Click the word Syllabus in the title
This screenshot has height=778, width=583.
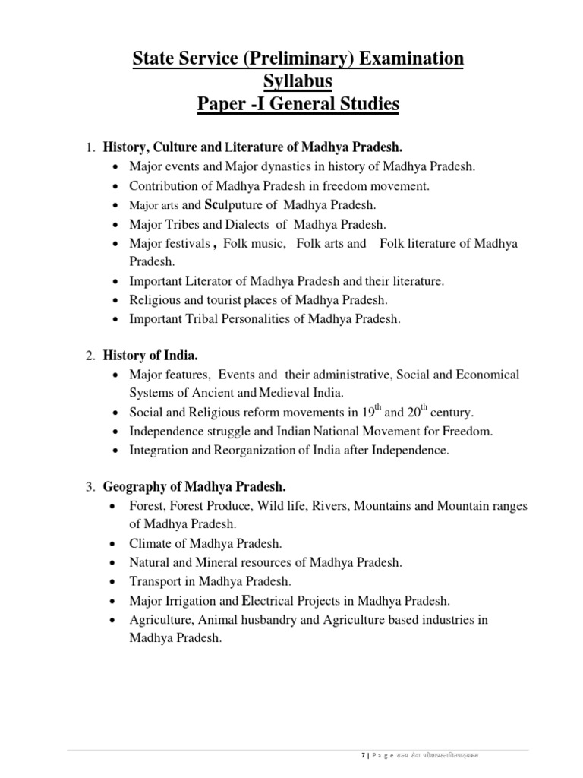click(291, 81)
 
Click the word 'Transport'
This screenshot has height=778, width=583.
click(156, 581)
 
